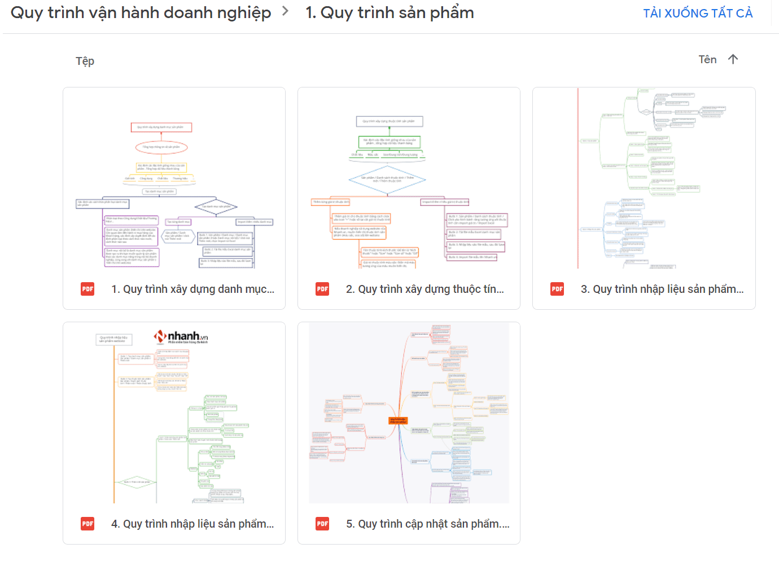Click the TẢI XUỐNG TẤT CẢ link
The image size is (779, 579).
click(x=698, y=14)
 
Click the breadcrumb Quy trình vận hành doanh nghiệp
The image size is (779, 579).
click(x=141, y=13)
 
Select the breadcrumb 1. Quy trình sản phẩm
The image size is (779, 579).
click(x=389, y=13)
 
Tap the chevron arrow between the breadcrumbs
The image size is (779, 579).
click(x=286, y=11)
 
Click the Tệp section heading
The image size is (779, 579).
click(x=85, y=61)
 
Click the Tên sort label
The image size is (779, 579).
click(x=707, y=60)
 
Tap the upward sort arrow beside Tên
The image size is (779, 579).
click(x=733, y=59)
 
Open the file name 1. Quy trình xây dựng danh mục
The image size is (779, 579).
click(x=192, y=289)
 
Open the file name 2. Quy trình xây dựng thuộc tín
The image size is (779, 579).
click(x=424, y=289)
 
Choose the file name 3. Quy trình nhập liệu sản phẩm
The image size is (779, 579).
click(x=662, y=289)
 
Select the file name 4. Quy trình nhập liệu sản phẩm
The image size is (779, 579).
click(x=192, y=524)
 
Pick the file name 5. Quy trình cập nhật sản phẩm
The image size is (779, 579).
click(x=427, y=524)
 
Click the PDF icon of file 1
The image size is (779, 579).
click(x=87, y=289)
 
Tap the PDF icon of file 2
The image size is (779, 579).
click(x=322, y=289)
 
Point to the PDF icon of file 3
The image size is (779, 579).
click(x=557, y=289)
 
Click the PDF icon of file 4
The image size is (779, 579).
click(x=87, y=524)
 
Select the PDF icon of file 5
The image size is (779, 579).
click(x=322, y=524)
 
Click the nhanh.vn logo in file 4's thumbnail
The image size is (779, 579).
click(x=181, y=337)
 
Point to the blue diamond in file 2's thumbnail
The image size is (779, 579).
click(x=388, y=180)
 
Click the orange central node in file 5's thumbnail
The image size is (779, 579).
click(x=398, y=420)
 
